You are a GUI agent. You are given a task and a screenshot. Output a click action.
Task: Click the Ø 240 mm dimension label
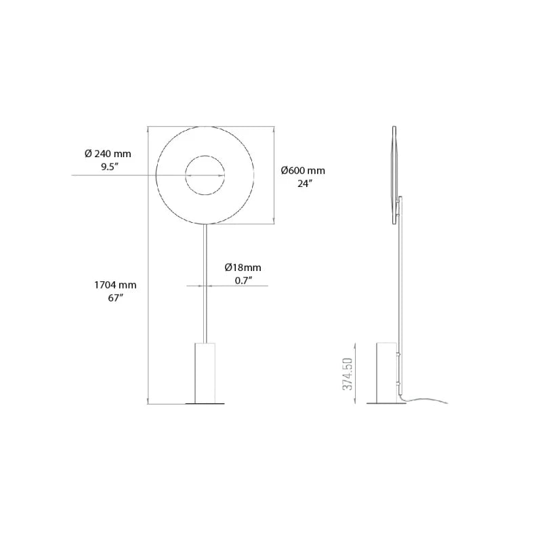point(108,154)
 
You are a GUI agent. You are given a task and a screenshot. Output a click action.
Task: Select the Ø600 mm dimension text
point(303,171)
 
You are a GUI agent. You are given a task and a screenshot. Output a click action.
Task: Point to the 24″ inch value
point(304,184)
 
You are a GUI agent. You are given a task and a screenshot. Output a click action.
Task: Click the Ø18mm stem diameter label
point(243,268)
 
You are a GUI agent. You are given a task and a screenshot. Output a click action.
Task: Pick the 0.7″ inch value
point(243,280)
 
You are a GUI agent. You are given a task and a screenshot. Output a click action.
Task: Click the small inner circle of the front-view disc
point(206,175)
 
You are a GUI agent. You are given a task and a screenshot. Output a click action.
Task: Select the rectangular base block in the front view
point(205,372)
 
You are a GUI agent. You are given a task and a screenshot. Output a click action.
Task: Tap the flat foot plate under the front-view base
point(205,404)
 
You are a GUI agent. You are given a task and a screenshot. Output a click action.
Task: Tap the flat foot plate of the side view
point(386,404)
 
